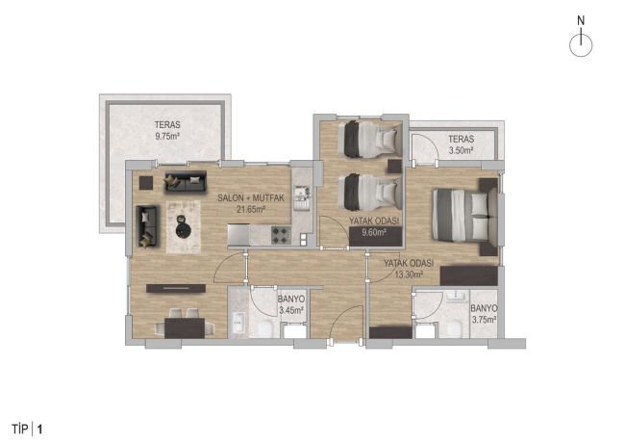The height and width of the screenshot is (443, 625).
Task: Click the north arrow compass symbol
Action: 581,44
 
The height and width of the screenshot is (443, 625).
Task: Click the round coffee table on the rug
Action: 182,226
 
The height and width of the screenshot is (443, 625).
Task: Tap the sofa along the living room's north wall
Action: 186,180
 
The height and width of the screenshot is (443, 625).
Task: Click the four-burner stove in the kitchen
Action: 281,233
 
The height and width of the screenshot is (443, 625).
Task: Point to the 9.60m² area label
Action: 367,232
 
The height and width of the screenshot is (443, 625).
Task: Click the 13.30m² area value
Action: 408,274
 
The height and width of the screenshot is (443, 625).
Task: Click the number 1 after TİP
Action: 39,426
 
